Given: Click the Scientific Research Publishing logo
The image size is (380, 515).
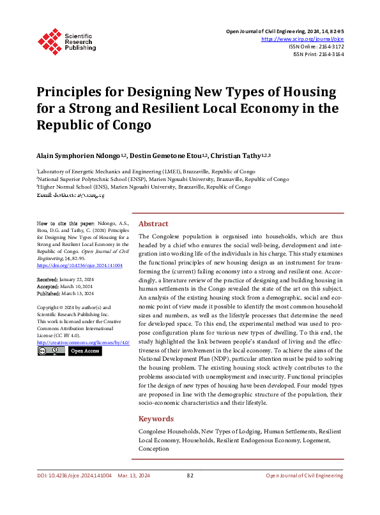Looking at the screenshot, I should click(x=66, y=40).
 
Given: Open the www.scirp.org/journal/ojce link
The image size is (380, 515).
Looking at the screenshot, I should click(x=303, y=38).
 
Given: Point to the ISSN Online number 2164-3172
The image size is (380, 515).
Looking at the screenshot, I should click(x=329, y=47).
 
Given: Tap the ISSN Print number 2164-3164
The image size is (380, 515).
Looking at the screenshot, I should click(x=330, y=55).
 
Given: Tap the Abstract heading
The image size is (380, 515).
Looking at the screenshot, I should click(x=153, y=224).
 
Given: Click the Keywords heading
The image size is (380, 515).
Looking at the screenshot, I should click(x=156, y=419).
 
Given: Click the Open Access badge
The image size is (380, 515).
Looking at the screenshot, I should click(x=85, y=351).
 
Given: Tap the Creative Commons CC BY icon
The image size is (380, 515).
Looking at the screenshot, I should click(x=50, y=351).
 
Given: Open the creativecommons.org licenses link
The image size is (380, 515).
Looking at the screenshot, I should click(x=83, y=342).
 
